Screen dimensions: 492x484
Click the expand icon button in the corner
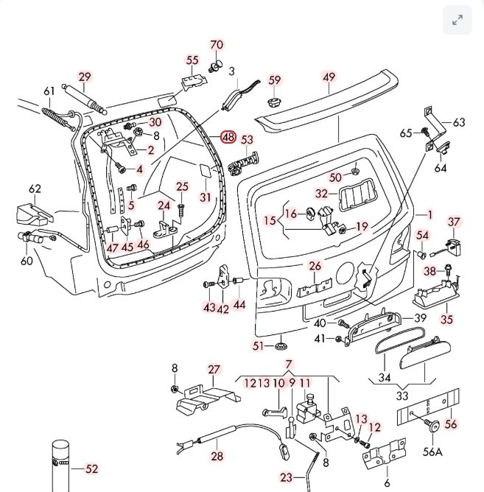[x=457, y=21]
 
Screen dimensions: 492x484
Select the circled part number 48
[x=228, y=137]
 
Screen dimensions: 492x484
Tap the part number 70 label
[x=217, y=45]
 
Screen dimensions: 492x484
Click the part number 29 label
[x=85, y=77]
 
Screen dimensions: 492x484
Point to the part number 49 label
[x=329, y=77]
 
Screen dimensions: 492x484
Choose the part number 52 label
[x=91, y=468]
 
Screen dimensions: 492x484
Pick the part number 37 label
[x=454, y=222]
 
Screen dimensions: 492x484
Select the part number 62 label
[x=35, y=189]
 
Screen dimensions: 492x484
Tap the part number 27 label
[x=214, y=369]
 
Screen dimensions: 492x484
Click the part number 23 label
[x=287, y=477]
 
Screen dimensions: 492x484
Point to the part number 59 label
[x=275, y=80]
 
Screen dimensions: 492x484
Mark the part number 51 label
[x=258, y=345]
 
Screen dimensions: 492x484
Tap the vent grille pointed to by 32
[x=356, y=197]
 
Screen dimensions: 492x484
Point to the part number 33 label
[x=402, y=395]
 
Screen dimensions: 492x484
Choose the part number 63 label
[x=459, y=122]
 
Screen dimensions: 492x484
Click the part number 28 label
[x=217, y=457]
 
